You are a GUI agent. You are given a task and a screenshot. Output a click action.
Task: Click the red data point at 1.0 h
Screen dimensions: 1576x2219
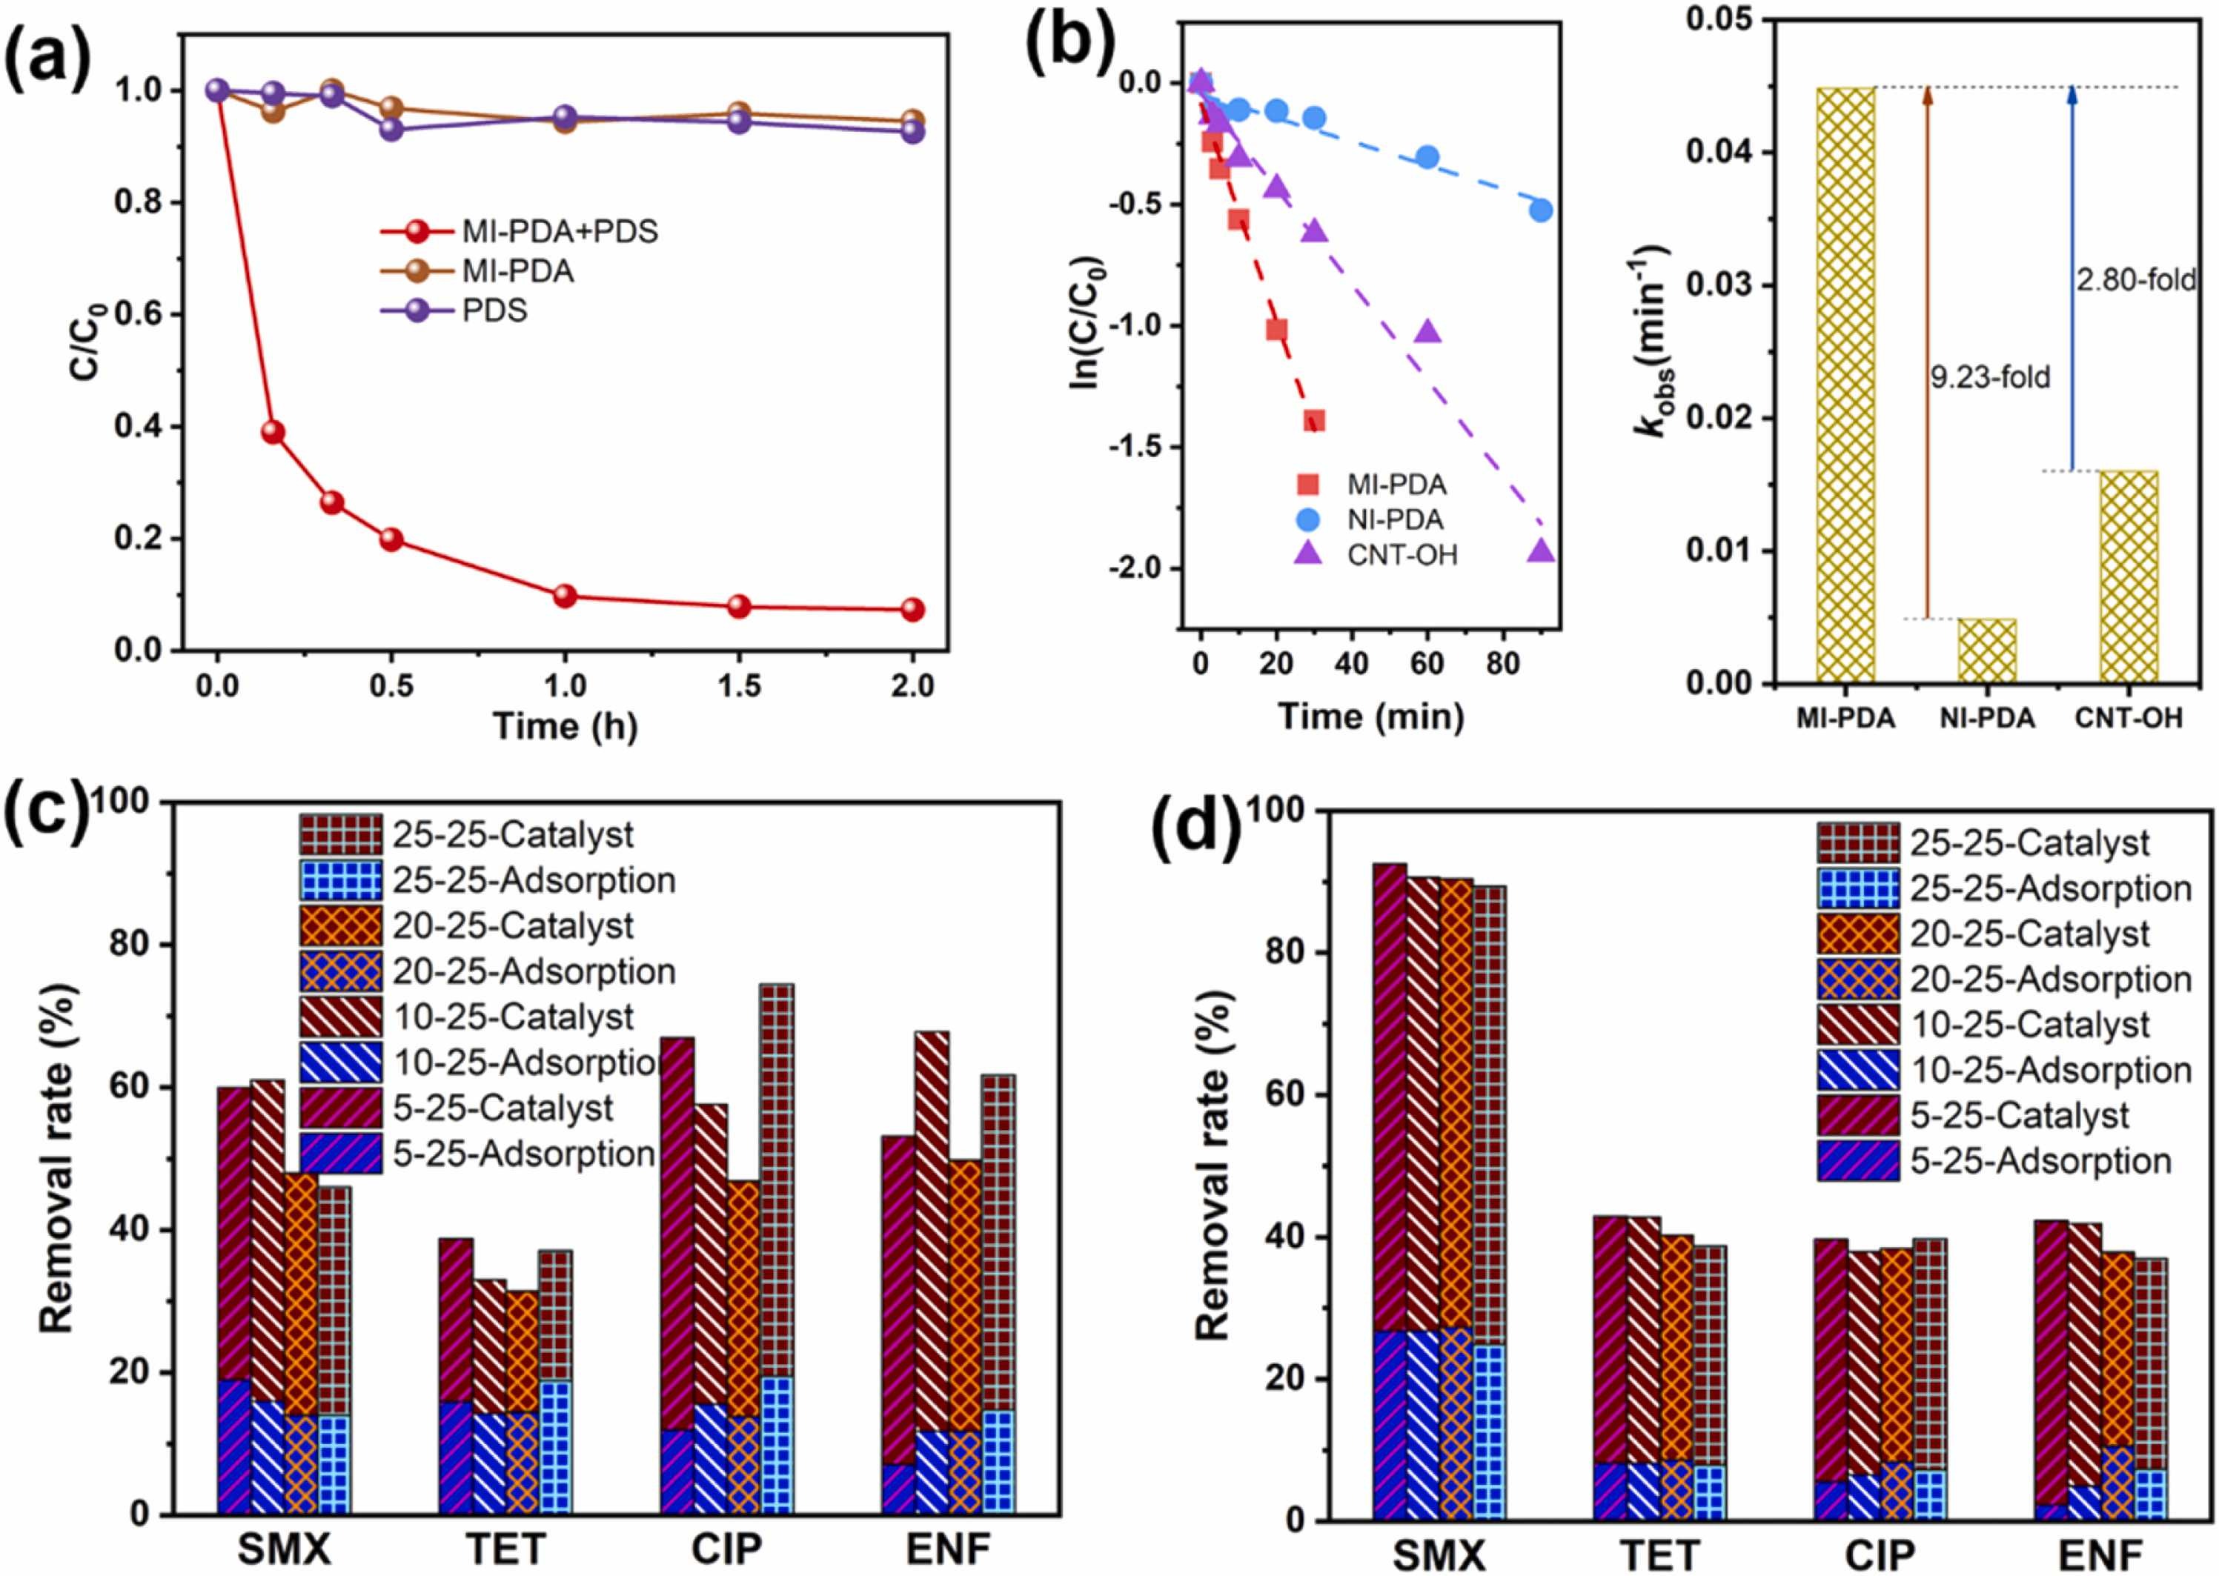[565, 596]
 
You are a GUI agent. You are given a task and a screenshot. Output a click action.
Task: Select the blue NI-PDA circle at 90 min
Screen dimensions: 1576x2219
[1541, 210]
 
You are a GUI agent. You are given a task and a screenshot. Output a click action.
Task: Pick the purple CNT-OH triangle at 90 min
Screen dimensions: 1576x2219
[1541, 551]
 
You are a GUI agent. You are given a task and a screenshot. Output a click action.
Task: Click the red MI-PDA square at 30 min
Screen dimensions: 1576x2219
[1314, 420]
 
